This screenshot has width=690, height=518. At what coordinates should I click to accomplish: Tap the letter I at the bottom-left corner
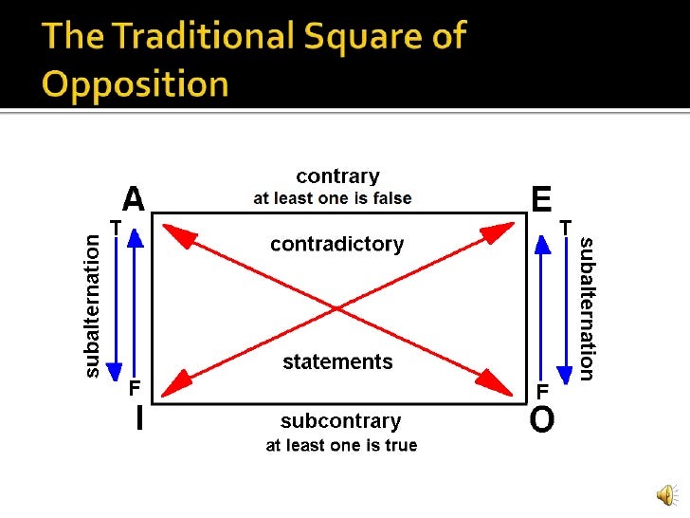click(140, 418)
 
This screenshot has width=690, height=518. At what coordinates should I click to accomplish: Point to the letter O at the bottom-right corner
click(541, 418)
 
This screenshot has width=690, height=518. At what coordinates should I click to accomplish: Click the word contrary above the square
click(337, 176)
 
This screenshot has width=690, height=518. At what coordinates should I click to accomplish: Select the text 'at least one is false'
click(332, 198)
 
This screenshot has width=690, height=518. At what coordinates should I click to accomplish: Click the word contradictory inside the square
click(336, 244)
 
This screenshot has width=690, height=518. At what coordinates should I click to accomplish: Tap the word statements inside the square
click(337, 361)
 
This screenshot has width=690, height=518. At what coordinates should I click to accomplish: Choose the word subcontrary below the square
click(340, 420)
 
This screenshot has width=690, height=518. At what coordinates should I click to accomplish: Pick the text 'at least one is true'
click(340, 445)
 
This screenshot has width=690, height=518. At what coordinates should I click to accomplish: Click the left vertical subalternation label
click(92, 307)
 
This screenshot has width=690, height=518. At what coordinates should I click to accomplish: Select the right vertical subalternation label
click(587, 307)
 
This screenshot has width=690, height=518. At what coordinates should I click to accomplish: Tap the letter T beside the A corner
click(115, 227)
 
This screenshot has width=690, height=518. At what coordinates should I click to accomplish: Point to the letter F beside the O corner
click(543, 389)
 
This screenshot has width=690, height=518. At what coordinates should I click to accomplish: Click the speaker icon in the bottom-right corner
click(667, 494)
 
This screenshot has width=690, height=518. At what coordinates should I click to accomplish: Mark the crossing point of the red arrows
click(336, 307)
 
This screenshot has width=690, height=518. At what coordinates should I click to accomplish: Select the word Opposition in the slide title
click(136, 83)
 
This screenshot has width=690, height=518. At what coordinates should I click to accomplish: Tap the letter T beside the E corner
click(565, 227)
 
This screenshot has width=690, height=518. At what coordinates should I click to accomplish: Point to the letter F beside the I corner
click(135, 389)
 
